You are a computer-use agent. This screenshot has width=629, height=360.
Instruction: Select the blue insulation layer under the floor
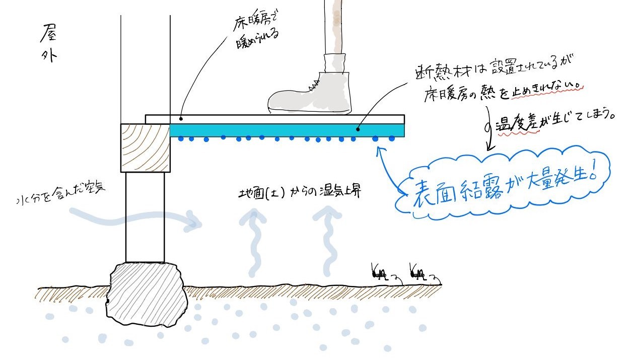(x=287, y=130)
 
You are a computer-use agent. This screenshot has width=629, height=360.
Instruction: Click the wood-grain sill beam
(x=146, y=148)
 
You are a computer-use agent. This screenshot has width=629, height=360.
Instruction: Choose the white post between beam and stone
(x=145, y=217)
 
